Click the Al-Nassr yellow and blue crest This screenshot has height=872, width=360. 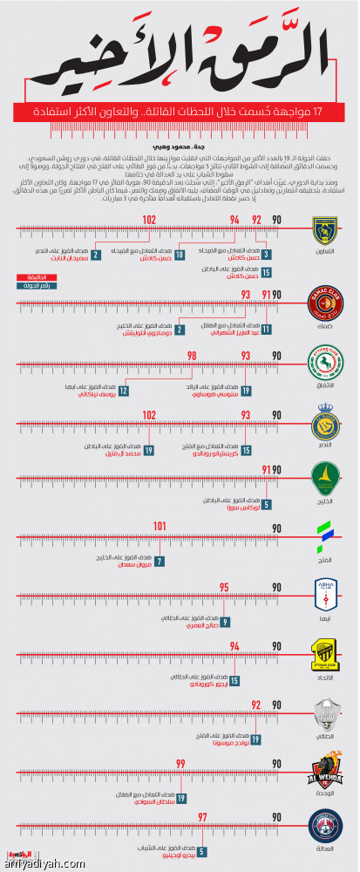[x=324, y=427]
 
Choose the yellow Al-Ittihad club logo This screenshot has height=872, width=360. [x=324, y=655]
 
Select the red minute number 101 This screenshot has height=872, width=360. [x=160, y=526]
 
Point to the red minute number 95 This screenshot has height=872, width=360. [x=224, y=588]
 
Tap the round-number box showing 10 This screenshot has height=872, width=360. [x=179, y=255]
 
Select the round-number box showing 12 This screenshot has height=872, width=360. [x=125, y=389]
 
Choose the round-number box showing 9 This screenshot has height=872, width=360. [x=225, y=622]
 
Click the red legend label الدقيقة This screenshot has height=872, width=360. [x=29, y=278]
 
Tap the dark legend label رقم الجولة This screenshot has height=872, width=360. [x=29, y=286]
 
